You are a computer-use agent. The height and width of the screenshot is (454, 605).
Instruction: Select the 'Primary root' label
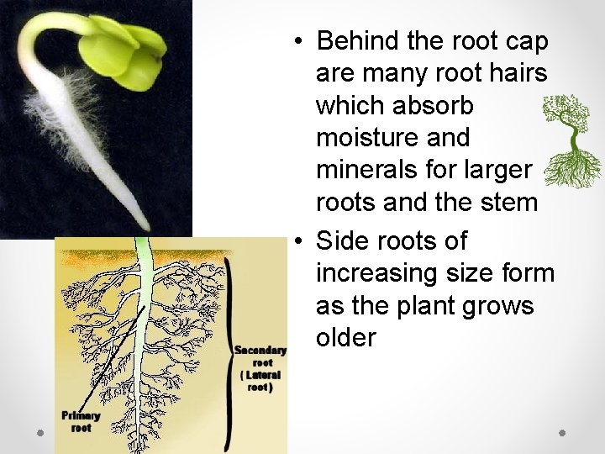click(81, 421)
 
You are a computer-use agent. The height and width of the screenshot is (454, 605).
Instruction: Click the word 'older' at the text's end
click(345, 337)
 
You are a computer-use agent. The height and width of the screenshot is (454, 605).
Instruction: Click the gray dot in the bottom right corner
click(563, 433)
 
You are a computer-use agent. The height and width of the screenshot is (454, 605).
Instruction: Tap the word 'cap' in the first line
click(526, 40)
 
